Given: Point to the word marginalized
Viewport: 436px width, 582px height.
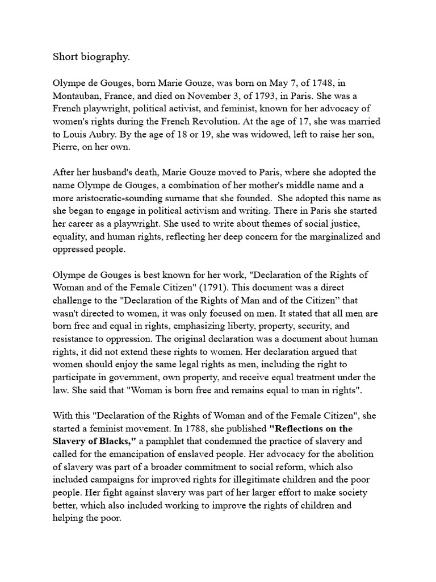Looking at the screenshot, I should [321, 237].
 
